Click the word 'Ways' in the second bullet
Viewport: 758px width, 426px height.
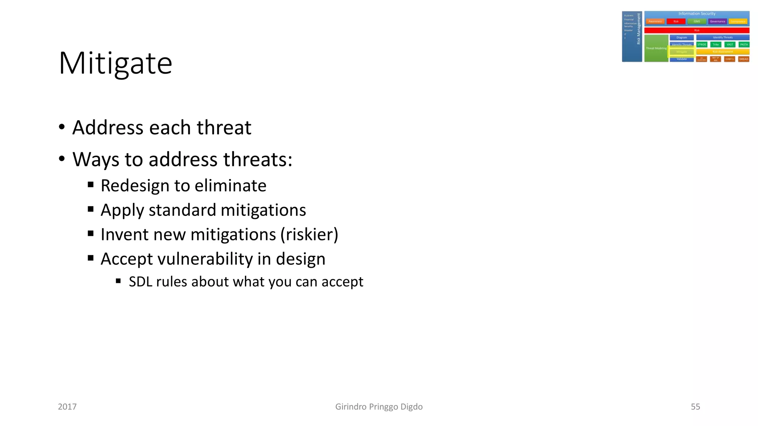click(96, 160)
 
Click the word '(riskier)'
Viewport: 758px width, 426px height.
click(309, 234)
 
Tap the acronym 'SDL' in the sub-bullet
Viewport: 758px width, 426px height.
click(141, 282)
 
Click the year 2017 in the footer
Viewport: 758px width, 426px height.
click(67, 407)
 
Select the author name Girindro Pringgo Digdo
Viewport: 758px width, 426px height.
click(379, 407)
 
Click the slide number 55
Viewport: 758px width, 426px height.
click(695, 407)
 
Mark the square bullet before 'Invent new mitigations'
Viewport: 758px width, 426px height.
click(91, 233)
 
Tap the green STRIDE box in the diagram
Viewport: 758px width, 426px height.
click(702, 44)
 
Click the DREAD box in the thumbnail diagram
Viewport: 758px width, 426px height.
click(744, 59)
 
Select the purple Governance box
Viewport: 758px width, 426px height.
click(717, 21)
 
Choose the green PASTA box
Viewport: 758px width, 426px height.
click(744, 44)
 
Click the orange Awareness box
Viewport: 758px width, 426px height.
click(655, 21)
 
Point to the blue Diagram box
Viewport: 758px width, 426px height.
click(681, 37)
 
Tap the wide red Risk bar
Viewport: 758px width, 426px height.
click(697, 30)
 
